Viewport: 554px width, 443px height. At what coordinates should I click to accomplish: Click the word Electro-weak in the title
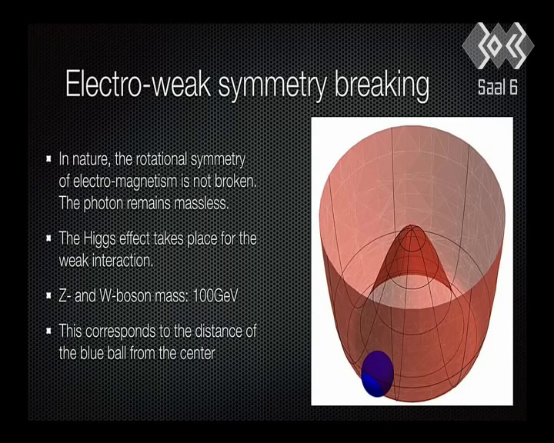(138, 84)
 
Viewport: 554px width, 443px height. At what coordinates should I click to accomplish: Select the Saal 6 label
(498, 87)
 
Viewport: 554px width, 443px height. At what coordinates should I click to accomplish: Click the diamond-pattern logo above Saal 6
(498, 45)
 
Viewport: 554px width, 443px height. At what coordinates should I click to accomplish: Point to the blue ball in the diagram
(377, 374)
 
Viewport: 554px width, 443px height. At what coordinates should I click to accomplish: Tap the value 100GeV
(215, 295)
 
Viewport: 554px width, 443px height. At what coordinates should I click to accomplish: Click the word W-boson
(125, 295)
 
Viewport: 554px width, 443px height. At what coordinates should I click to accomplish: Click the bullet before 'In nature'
(49, 158)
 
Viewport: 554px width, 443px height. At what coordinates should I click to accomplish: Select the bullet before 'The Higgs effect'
(49, 238)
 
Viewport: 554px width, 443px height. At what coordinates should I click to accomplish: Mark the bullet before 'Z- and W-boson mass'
(49, 295)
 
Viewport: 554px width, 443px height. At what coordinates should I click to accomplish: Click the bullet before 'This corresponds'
(49, 331)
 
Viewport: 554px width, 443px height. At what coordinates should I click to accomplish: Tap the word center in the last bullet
(197, 353)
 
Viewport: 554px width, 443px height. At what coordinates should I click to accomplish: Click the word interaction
(122, 261)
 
